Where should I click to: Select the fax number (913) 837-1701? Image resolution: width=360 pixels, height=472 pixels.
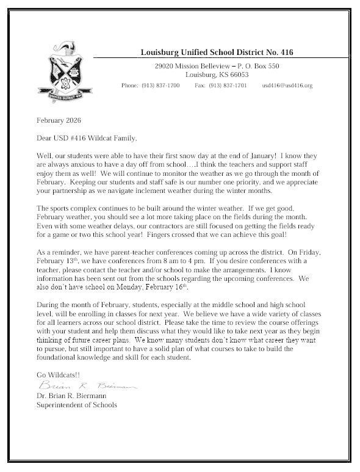pos(228,86)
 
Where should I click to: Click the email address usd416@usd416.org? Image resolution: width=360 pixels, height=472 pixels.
pos(287,86)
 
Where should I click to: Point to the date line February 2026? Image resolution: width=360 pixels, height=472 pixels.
pos(59,120)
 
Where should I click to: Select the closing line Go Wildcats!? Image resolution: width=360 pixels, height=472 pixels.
pos(60,375)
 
